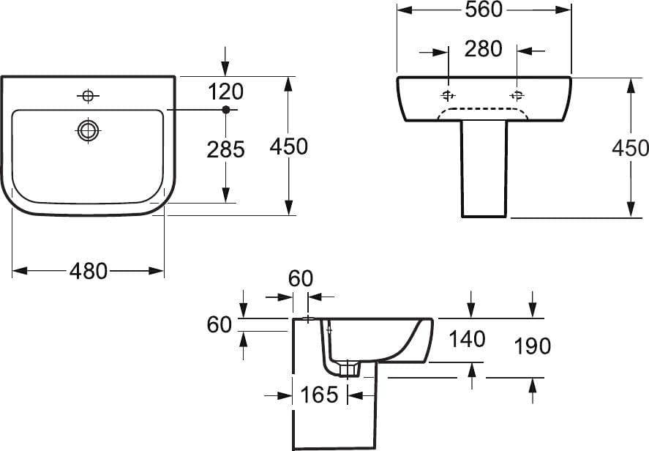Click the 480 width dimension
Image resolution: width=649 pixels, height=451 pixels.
[88, 272]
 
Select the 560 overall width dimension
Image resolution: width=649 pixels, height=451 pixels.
[484, 10]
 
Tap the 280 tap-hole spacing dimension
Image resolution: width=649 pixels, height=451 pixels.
[483, 49]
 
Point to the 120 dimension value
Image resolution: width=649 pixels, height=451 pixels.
[225, 92]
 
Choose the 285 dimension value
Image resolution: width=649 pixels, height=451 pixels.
[225, 149]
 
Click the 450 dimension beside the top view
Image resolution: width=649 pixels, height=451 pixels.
[288, 146]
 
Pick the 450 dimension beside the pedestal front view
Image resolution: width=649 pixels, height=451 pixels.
[630, 148]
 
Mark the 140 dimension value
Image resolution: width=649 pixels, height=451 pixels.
[467, 339]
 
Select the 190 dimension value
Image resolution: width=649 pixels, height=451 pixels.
[532, 346]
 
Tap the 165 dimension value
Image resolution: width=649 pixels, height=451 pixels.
[319, 395]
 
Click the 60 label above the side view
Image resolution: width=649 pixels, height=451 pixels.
[301, 278]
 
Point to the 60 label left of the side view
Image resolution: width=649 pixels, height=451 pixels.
[219, 324]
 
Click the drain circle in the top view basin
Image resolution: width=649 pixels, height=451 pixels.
[88, 131]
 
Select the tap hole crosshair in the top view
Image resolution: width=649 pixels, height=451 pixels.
[88, 96]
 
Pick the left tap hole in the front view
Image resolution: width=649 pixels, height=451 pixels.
[448, 96]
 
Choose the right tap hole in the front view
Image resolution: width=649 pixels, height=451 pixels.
[517, 96]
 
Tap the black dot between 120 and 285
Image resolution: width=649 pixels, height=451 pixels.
[225, 109]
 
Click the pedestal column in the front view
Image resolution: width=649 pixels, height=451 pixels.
[484, 169]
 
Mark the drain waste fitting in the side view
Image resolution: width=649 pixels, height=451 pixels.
[348, 368]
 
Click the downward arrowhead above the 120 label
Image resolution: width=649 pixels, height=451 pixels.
[225, 68]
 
